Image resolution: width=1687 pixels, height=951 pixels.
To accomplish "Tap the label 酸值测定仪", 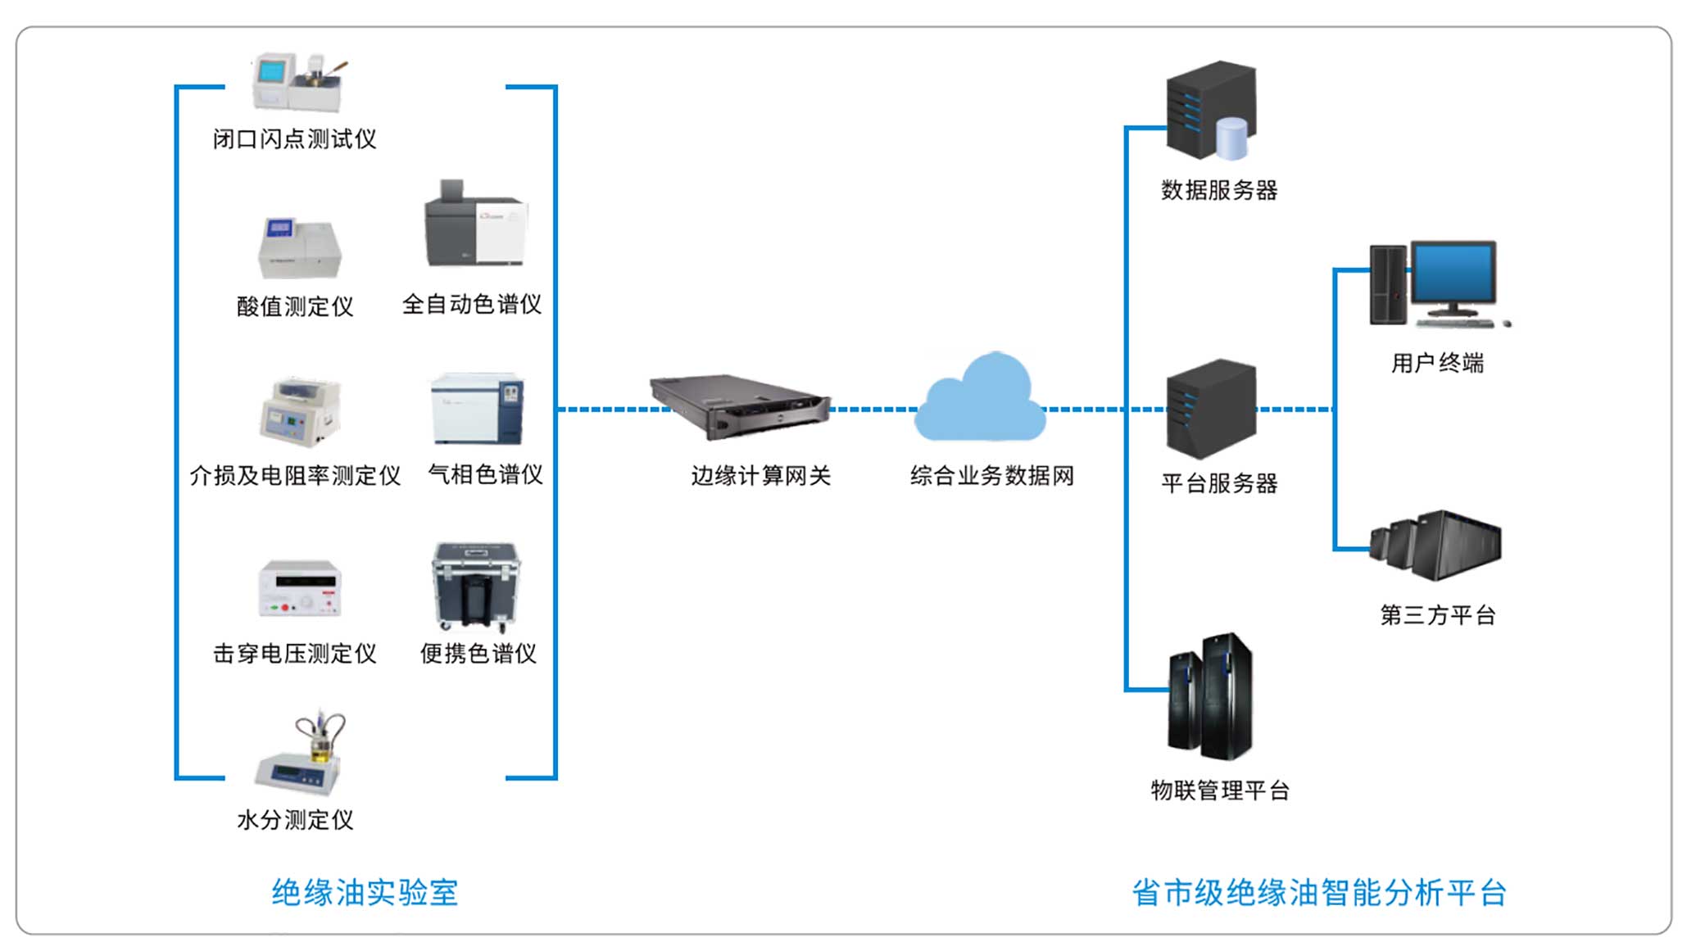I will (x=295, y=306).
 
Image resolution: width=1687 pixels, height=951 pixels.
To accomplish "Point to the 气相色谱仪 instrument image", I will (x=477, y=409).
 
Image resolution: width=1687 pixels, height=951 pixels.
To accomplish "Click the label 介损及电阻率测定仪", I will (x=295, y=475).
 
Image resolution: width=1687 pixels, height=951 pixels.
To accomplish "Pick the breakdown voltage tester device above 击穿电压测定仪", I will (x=299, y=588).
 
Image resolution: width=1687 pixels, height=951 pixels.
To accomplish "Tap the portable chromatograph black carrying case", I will (x=476, y=585).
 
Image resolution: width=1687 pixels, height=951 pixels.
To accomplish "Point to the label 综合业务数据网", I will (x=991, y=475).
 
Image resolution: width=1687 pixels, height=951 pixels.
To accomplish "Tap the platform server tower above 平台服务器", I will (x=1211, y=408).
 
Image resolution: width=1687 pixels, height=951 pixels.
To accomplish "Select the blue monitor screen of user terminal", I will (x=1452, y=275).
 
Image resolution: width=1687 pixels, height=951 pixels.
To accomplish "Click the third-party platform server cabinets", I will (x=1439, y=545).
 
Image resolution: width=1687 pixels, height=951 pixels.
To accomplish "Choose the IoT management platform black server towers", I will (x=1211, y=696).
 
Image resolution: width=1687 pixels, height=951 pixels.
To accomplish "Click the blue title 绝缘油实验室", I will (x=365, y=892).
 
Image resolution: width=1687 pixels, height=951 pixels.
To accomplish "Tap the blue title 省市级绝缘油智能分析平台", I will (x=1318, y=892).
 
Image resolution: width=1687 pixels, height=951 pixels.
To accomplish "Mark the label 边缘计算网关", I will (x=760, y=475).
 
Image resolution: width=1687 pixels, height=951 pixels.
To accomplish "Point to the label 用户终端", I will (x=1437, y=362).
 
